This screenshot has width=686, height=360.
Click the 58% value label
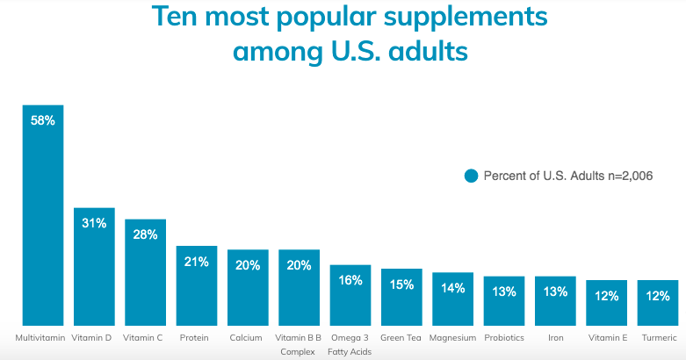click(43, 121)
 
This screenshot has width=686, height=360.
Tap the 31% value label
click(94, 223)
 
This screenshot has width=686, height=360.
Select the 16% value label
click(350, 280)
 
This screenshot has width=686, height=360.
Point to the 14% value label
click(453, 288)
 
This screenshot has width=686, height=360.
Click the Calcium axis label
click(246, 337)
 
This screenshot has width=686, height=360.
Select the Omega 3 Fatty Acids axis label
click(350, 344)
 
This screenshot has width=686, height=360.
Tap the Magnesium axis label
click(453, 337)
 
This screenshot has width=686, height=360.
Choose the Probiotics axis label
click(504, 337)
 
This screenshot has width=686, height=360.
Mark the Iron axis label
click(555, 337)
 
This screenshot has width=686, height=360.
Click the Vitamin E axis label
click(606, 337)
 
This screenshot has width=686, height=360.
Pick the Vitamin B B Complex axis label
click(299, 344)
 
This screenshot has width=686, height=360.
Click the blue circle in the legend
click(472, 176)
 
